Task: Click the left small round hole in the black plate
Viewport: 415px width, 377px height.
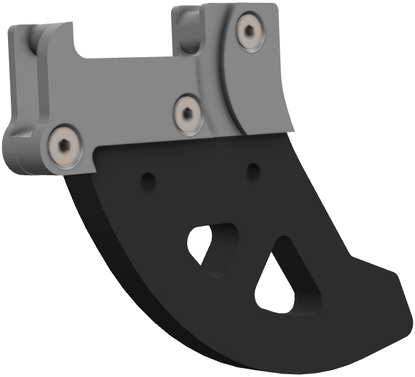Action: pos(149,182)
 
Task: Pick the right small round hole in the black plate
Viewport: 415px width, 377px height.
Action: pos(253,171)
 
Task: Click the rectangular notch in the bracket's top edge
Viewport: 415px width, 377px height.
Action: pos(124,40)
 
